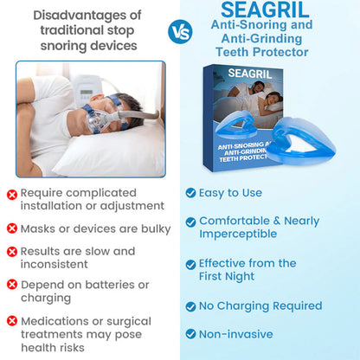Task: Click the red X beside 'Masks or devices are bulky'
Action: [x=12, y=228]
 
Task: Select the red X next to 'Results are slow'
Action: [x=12, y=251]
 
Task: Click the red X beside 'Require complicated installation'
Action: [x=12, y=194]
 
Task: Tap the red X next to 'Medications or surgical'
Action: [x=12, y=321]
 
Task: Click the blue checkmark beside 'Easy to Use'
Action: [x=191, y=192]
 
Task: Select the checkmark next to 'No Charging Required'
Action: [x=191, y=305]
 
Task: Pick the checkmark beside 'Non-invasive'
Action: [x=191, y=332]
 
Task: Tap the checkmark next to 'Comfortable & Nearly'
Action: [x=191, y=221]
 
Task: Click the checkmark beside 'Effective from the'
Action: [x=191, y=263]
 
